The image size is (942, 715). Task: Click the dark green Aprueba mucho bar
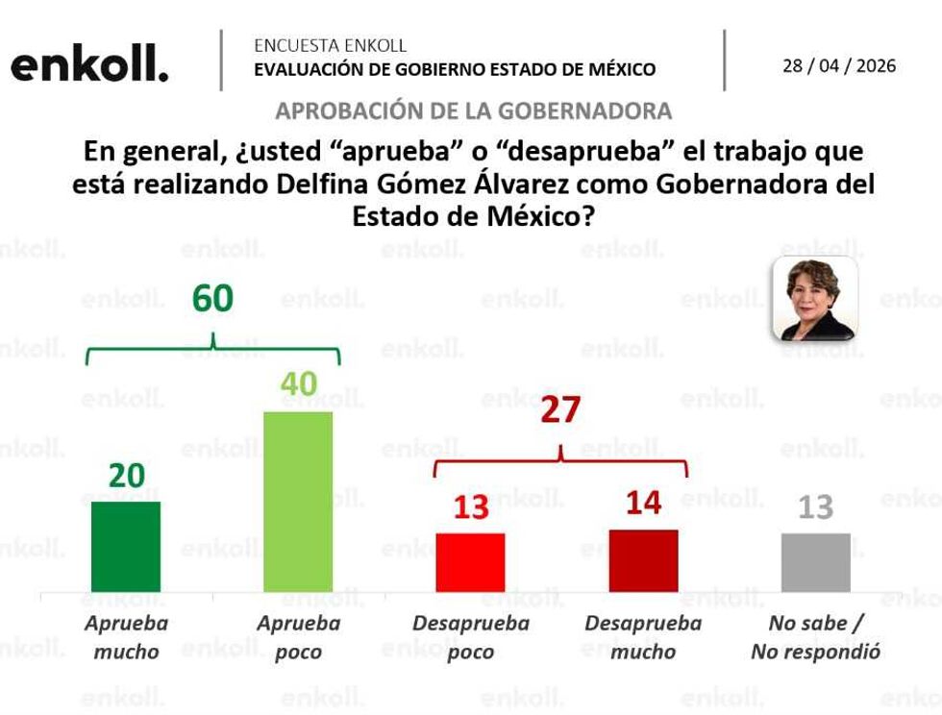pyautogui.click(x=126, y=547)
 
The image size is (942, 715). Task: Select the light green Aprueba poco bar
pyautogui.click(x=298, y=502)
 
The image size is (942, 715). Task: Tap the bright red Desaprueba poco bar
pyautogui.click(x=470, y=562)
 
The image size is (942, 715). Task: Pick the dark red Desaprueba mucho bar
pyautogui.click(x=643, y=560)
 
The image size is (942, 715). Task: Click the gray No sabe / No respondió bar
pyautogui.click(x=815, y=562)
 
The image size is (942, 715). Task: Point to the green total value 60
pyautogui.click(x=212, y=299)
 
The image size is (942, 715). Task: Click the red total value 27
pyautogui.click(x=559, y=410)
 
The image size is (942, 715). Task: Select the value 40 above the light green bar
pyautogui.click(x=298, y=384)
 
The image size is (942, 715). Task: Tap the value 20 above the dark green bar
pyautogui.click(x=126, y=475)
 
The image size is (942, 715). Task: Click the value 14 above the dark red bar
pyautogui.click(x=643, y=502)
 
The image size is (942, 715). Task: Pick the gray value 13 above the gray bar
pyautogui.click(x=815, y=506)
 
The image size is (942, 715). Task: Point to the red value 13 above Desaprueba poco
pyautogui.click(x=470, y=506)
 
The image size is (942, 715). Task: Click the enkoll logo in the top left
pyautogui.click(x=89, y=65)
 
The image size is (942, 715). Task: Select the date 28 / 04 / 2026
pyautogui.click(x=838, y=65)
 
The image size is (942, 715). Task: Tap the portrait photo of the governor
pyautogui.click(x=814, y=299)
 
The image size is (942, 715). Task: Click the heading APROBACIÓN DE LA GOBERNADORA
pyautogui.click(x=473, y=111)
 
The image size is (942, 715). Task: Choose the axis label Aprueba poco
pyautogui.click(x=298, y=637)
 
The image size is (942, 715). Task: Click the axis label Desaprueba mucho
pyautogui.click(x=643, y=637)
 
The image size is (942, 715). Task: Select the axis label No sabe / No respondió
pyautogui.click(x=815, y=637)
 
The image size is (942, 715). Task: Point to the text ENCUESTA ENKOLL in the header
pyautogui.click(x=330, y=45)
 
